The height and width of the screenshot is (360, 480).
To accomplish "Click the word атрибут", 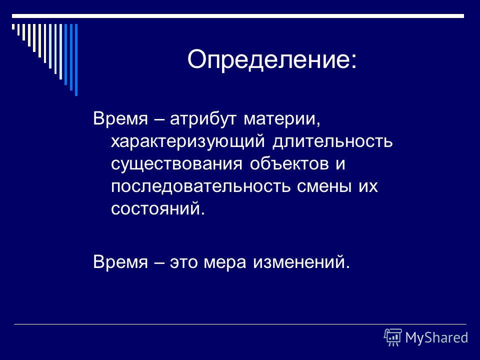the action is pyautogui.click(x=203, y=119).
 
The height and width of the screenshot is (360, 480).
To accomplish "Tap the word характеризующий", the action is pyautogui.click(x=187, y=141).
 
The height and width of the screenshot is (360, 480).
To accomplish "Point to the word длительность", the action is pyautogui.click(x=332, y=141).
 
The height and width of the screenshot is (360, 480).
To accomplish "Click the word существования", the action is pyautogui.click(x=176, y=164).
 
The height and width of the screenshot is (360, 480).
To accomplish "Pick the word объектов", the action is pyautogui.click(x=289, y=164).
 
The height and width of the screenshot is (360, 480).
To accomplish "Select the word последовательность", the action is pyautogui.click(x=200, y=186).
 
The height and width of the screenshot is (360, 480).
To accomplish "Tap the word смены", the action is pyautogui.click(x=324, y=186).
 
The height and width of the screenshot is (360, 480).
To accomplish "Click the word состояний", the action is pyautogui.click(x=157, y=209).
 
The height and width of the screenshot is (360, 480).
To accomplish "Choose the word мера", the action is pyautogui.click(x=224, y=262).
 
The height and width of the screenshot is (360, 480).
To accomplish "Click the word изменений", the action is pyautogui.click(x=301, y=262).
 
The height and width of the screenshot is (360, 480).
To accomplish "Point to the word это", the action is pyautogui.click(x=183, y=262).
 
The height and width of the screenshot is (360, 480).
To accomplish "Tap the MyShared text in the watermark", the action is pyautogui.click(x=436, y=337).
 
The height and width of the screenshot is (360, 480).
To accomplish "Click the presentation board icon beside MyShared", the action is pyautogui.click(x=393, y=337).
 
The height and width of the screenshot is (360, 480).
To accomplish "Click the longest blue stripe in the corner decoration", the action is pyautogui.click(x=76, y=60).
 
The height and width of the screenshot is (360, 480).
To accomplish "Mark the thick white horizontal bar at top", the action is pyautogui.click(x=238, y=16).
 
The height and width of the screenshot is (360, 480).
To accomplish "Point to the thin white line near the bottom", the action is pyautogui.click(x=240, y=324).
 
